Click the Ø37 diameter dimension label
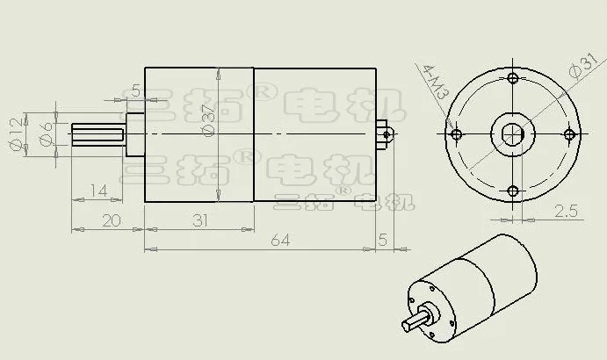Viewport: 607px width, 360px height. (x=208, y=120)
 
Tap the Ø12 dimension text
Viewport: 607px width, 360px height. (x=16, y=134)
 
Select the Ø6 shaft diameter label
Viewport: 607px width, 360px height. (x=46, y=134)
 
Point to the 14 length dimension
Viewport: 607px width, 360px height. (x=98, y=191)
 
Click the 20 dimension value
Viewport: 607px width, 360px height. (x=112, y=220)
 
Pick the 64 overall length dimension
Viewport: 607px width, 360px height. (x=280, y=240)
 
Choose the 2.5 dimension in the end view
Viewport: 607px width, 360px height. (x=566, y=211)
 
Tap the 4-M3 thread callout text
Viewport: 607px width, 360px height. (x=437, y=82)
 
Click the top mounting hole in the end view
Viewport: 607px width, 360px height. (x=513, y=78)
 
